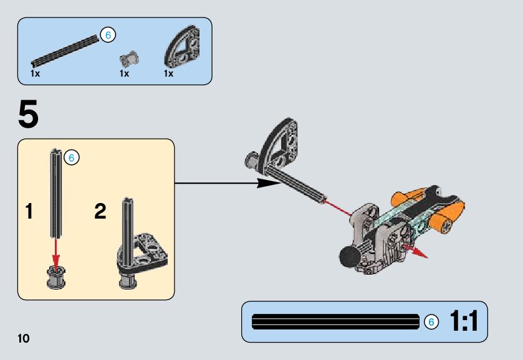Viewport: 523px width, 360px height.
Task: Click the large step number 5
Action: pyautogui.click(x=28, y=115)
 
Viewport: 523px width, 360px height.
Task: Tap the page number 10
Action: pyautogui.click(x=24, y=339)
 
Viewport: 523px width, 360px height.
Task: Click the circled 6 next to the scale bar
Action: pyautogui.click(x=431, y=322)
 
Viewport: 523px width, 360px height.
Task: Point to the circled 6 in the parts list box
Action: pyautogui.click(x=108, y=36)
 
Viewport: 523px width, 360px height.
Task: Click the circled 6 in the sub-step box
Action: pyautogui.click(x=71, y=158)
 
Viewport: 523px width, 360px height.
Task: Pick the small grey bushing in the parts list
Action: pyautogui.click(x=129, y=59)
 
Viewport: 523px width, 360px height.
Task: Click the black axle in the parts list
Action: pyautogui.click(x=66, y=50)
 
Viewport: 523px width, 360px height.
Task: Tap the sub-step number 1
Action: pyautogui.click(x=29, y=212)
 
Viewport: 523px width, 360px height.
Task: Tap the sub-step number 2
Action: pyautogui.click(x=100, y=212)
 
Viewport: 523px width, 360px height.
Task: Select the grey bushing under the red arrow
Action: pyautogui.click(x=56, y=277)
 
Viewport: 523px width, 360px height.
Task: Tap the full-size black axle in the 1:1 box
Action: pyautogui.click(x=335, y=321)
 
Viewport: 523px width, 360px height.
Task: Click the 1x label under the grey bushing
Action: pyautogui.click(x=124, y=73)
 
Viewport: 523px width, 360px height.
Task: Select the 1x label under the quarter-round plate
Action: pyautogui.click(x=168, y=73)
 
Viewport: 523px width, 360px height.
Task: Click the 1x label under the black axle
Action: pyautogui.click(x=36, y=73)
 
